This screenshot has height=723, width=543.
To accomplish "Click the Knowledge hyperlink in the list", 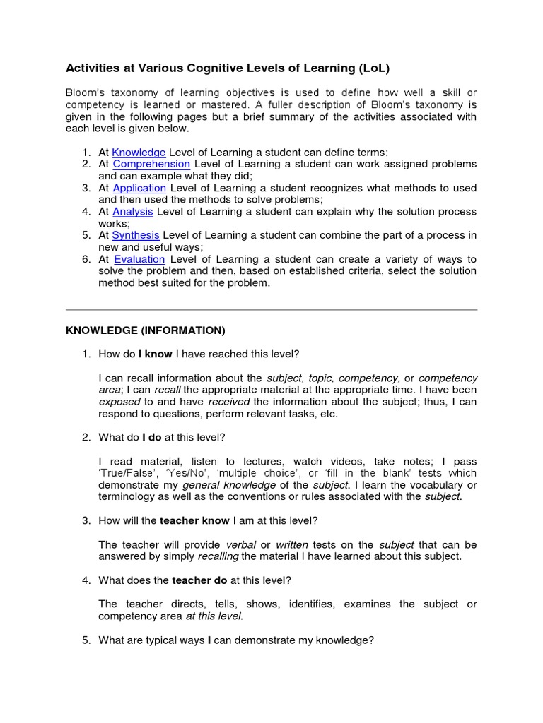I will (x=139, y=152).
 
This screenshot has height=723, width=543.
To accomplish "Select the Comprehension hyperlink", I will (x=151, y=164).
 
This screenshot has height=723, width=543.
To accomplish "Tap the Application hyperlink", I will (x=139, y=188).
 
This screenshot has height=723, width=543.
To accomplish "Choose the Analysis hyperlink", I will (x=133, y=211).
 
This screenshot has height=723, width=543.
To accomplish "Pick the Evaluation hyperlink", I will (x=139, y=259).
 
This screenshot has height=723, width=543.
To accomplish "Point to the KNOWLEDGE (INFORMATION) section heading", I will (x=145, y=330).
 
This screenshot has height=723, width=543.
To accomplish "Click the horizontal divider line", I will (x=271, y=309).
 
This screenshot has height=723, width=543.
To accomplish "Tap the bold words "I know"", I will (x=155, y=354).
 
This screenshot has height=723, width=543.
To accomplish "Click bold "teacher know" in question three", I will (x=194, y=520).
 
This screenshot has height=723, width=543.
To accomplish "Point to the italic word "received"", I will (x=229, y=402).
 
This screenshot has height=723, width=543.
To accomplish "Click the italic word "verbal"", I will (x=240, y=544).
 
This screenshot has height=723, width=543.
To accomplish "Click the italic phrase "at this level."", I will (x=214, y=616).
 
